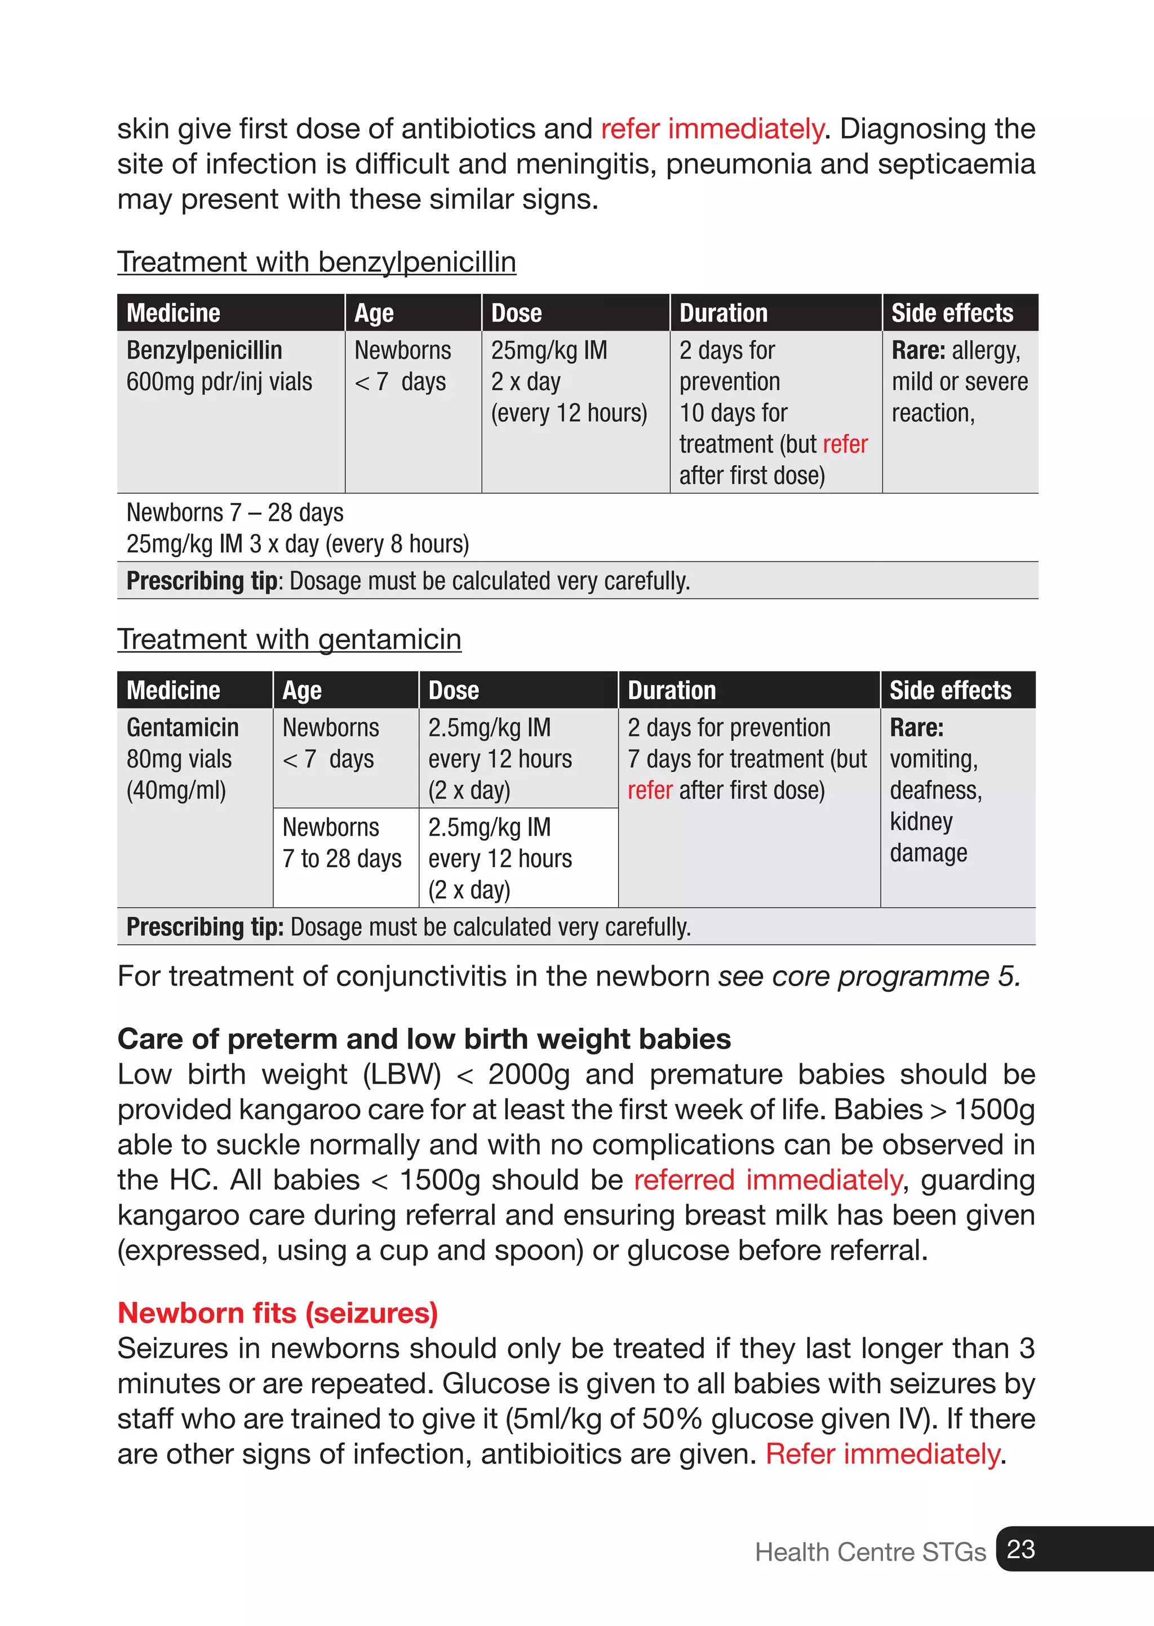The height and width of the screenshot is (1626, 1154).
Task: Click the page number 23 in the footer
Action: click(1021, 1549)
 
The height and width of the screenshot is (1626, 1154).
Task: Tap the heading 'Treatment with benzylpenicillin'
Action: click(316, 262)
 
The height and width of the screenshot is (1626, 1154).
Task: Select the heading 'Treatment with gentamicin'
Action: click(289, 639)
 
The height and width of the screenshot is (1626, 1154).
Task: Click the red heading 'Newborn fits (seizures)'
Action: click(277, 1313)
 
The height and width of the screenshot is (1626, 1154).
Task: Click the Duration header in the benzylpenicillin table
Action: click(723, 313)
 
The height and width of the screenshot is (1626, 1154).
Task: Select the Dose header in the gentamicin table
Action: click(454, 690)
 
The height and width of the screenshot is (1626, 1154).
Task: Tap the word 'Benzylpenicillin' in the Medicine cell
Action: click(204, 351)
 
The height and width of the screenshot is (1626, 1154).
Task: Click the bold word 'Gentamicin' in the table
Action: click(183, 727)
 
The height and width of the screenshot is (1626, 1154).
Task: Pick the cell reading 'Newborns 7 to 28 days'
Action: click(342, 843)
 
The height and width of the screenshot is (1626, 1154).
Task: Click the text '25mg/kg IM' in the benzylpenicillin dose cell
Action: click(549, 351)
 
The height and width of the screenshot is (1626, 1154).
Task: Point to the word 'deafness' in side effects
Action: click(935, 790)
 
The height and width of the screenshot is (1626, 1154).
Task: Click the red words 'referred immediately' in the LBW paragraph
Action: click(767, 1179)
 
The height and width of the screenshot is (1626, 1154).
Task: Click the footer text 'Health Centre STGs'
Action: click(870, 1552)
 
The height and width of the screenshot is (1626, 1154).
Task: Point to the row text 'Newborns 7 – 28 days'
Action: click(234, 512)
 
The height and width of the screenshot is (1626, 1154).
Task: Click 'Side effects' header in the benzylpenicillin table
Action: click(952, 313)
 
